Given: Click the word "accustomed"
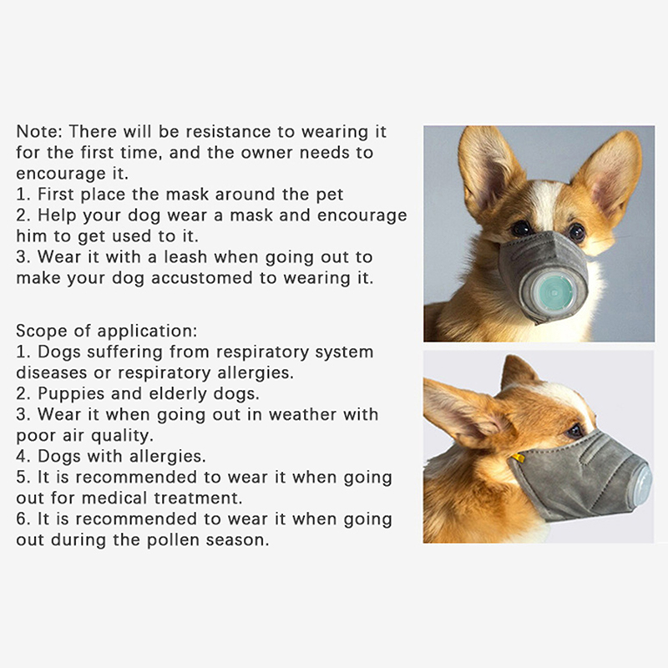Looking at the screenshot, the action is pyautogui.click(x=201, y=278).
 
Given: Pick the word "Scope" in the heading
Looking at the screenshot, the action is pyautogui.click(x=40, y=331).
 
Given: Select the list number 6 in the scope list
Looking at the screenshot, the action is pyautogui.click(x=23, y=519).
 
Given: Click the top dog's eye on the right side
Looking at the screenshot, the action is pyautogui.click(x=576, y=231).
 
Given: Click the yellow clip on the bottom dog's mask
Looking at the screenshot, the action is pyautogui.click(x=518, y=458).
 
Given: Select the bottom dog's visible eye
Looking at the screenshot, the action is pyautogui.click(x=575, y=431).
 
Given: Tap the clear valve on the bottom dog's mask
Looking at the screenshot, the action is pyautogui.click(x=642, y=481).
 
